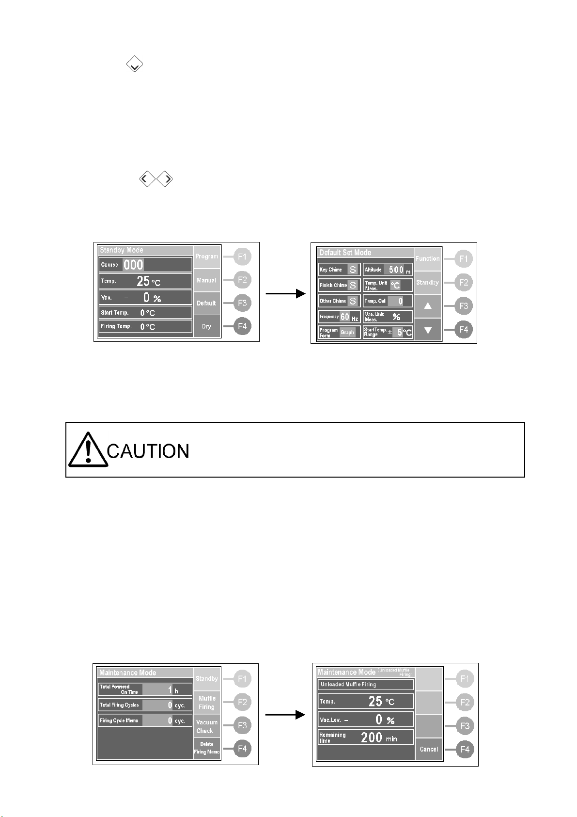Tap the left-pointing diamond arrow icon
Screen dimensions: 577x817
tap(147, 179)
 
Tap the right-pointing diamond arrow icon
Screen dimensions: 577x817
tap(165, 179)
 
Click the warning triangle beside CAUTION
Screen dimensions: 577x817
tap(87, 450)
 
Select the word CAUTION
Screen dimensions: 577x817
tap(148, 451)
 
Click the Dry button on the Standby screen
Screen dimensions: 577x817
tap(207, 326)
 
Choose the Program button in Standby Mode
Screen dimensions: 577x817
tap(207, 256)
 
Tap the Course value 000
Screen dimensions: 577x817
tap(133, 265)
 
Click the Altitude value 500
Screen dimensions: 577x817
tap(396, 270)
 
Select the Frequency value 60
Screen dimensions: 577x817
tap(344, 317)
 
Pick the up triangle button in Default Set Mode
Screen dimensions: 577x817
tap(428, 306)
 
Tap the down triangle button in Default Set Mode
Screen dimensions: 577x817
tap(428, 330)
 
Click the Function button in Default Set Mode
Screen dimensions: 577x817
tap(428, 259)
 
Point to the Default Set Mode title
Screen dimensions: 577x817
tap(345, 253)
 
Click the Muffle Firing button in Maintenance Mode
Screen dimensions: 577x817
tap(207, 703)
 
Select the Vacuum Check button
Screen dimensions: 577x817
tap(207, 726)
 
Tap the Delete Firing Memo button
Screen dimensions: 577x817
tap(207, 748)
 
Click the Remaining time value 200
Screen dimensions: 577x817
tap(372, 737)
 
